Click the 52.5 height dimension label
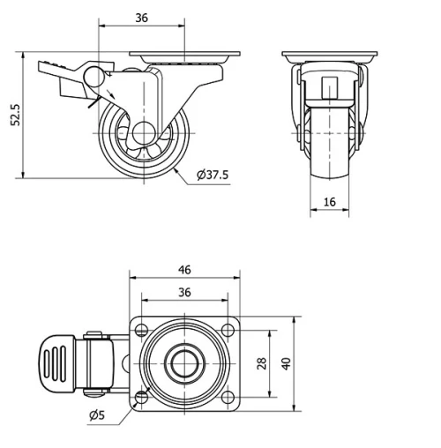click(15, 115)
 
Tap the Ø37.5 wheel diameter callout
click(213, 175)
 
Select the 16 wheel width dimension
click(330, 202)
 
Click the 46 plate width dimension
click(184, 270)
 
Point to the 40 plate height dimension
click(286, 363)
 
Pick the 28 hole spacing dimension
click(262, 363)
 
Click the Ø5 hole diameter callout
click(97, 415)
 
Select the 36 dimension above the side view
click(141, 19)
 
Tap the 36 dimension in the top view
click(184, 293)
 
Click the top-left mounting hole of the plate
click(142, 330)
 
